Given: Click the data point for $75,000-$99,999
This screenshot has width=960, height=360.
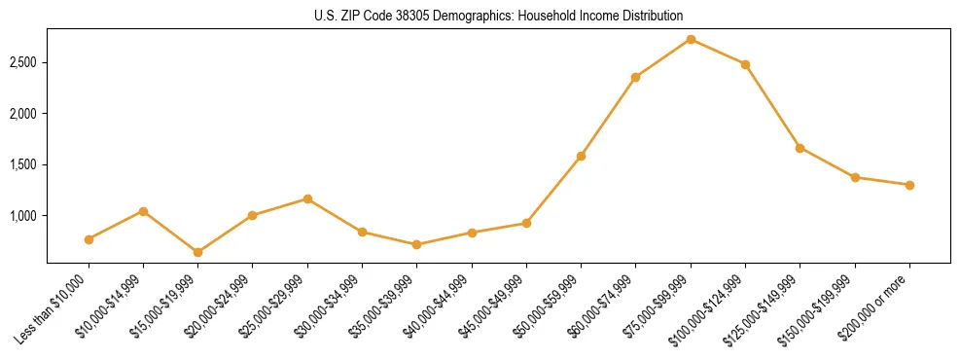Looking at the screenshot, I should (691, 39).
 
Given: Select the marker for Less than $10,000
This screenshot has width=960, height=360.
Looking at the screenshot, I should (89, 239).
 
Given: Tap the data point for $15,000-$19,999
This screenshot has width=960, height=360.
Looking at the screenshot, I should (198, 252).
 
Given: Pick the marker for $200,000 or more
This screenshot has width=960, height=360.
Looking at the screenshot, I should (909, 185).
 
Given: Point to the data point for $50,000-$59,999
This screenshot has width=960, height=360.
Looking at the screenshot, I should (581, 156).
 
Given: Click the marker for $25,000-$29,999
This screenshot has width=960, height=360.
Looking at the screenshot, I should (307, 198).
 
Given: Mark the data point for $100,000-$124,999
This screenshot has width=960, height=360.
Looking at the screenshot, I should (745, 64).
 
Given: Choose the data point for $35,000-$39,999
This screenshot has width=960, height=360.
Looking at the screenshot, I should (417, 244).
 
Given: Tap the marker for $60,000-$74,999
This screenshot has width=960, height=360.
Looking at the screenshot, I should (635, 77).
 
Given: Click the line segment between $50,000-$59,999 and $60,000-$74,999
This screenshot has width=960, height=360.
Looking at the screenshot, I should (608, 117).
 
